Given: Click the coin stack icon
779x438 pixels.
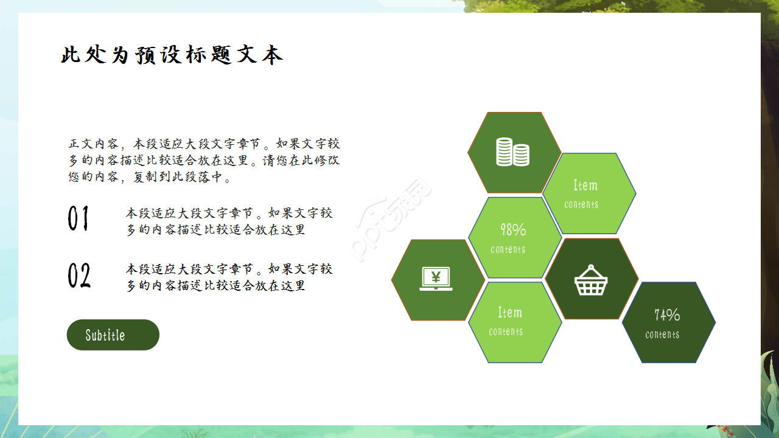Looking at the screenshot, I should pos(512,152).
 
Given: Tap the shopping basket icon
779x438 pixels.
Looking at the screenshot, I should pos(591,280).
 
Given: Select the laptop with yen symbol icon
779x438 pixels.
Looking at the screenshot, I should pos(436,279).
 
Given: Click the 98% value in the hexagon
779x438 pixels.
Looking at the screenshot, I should pos(513,230).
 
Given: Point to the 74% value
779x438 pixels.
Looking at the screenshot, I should pos(667,315).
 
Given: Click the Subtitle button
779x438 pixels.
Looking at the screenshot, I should pos(113,335).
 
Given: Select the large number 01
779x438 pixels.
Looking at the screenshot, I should pos(79,219).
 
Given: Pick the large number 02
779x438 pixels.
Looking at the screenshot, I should pos(79,276).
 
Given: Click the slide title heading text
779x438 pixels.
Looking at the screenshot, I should pos(172,55).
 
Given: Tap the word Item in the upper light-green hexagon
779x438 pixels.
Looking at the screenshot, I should pos(585,186).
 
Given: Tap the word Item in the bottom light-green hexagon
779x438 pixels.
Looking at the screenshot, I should pos(509,313).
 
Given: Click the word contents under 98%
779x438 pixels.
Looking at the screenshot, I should pos(508,249).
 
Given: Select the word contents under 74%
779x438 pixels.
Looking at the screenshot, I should pos(662,335).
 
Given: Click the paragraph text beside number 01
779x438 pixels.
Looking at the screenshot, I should pos(229,221).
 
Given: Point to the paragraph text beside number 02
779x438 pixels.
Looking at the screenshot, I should pos(229,277).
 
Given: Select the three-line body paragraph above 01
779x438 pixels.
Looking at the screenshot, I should pos(204,161).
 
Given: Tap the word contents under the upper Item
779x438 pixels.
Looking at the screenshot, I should pos(581,205).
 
